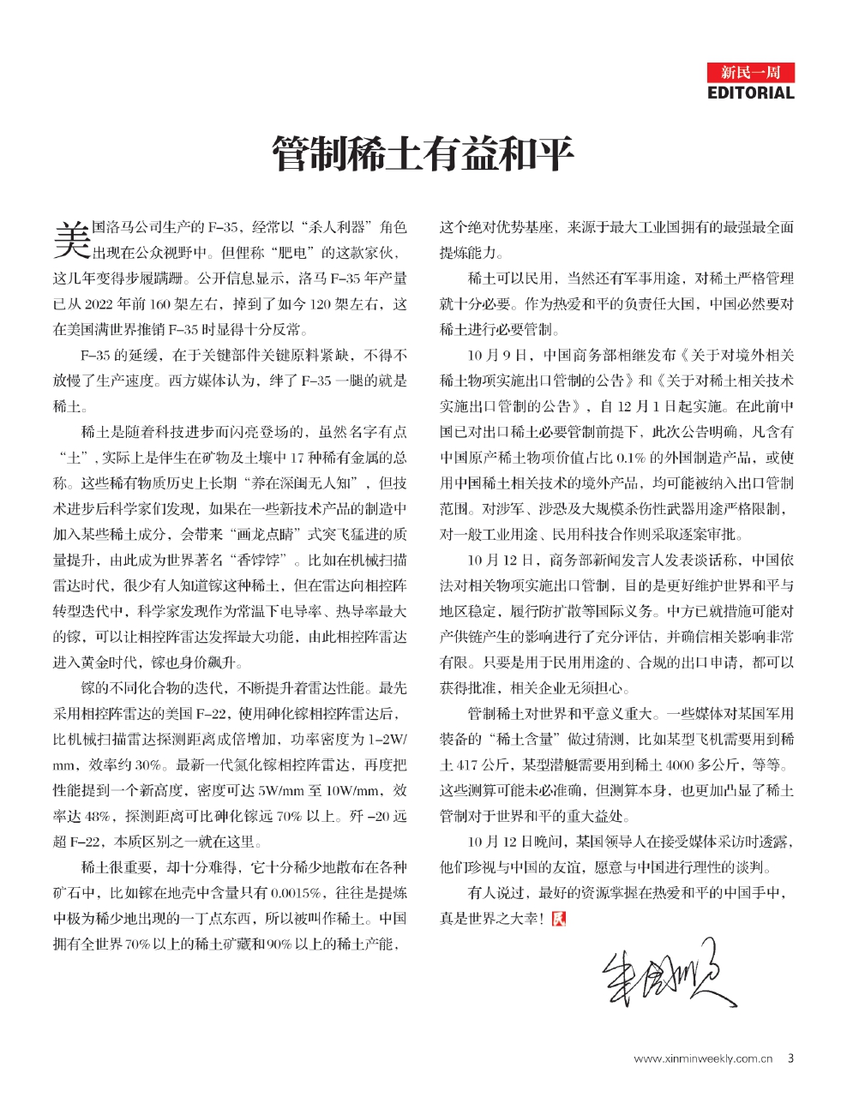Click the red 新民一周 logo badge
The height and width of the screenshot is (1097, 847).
pos(751,72)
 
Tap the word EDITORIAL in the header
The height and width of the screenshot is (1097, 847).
pos(751,93)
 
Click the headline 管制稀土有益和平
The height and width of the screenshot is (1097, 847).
pos(423,155)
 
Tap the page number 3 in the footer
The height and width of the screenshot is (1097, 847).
pos(790,1058)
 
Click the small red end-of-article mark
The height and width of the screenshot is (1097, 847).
pos(558,918)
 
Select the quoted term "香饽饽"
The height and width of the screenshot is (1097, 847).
pos(264,561)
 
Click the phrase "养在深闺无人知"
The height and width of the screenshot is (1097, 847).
pos(303,483)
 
